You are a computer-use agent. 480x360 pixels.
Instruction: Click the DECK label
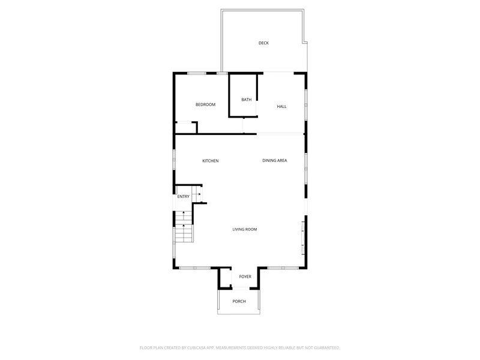click(263, 43)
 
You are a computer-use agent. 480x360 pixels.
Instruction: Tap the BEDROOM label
click(205, 104)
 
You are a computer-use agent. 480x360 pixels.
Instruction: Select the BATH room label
click(247, 100)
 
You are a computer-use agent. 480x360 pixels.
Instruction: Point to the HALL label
click(281, 107)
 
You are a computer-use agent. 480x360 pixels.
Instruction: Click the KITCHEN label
click(211, 161)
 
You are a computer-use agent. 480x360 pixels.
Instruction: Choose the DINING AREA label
click(275, 160)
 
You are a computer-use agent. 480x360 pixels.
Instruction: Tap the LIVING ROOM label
click(245, 229)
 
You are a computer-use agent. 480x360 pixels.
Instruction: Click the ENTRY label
click(184, 197)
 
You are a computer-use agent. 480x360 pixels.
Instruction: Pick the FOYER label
click(245, 277)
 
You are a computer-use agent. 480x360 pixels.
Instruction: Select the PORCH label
click(239, 302)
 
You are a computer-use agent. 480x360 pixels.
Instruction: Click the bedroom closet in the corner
click(186, 127)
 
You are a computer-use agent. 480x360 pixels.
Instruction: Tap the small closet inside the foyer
click(226, 278)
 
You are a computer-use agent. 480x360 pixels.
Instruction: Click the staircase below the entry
click(184, 227)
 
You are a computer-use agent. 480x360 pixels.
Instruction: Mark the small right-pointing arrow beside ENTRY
click(199, 194)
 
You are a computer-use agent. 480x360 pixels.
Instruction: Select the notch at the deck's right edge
click(305, 42)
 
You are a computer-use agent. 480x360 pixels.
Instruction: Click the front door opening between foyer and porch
click(241, 289)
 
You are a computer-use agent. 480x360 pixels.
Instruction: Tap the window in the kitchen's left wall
click(174, 160)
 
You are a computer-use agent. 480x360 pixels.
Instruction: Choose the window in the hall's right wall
click(306, 104)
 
